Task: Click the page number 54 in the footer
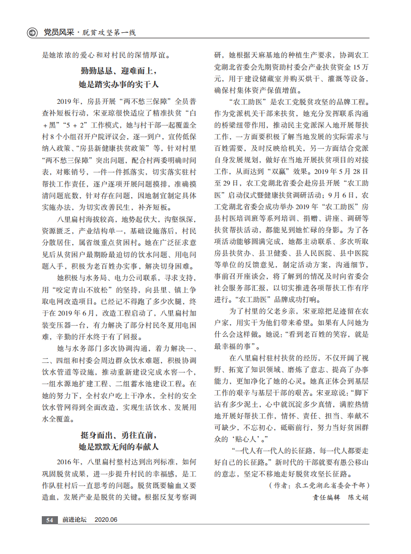(x=49, y=520)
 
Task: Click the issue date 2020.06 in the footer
(x=106, y=520)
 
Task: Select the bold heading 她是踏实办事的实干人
(x=119, y=84)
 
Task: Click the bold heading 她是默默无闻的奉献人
(x=119, y=447)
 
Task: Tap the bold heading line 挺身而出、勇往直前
(x=119, y=434)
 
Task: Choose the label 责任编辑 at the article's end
(x=324, y=497)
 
